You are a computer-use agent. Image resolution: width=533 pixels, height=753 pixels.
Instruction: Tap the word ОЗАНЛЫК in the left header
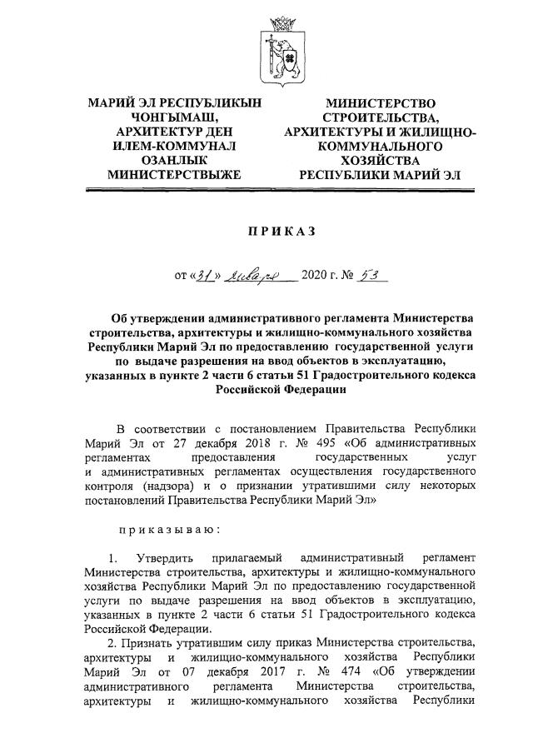click(174, 160)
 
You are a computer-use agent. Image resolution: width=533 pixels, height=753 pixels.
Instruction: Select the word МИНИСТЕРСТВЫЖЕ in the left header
click(174, 175)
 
